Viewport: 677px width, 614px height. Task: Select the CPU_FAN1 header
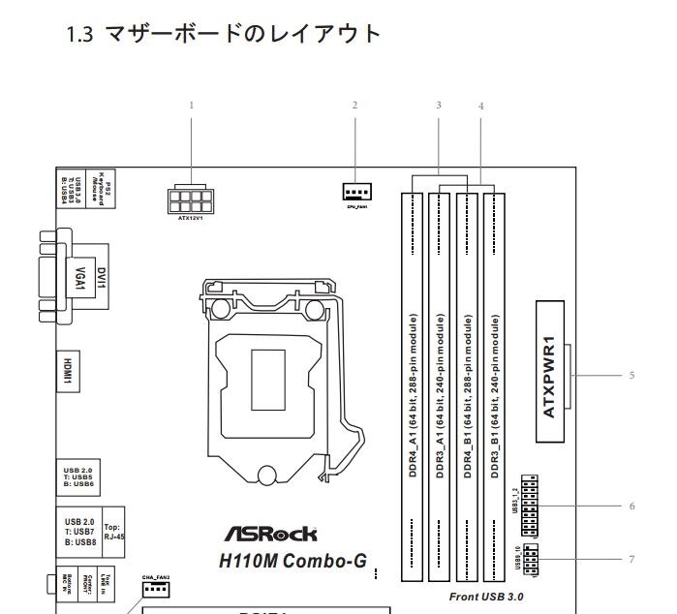[x=356, y=191]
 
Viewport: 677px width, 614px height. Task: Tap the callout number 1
[x=192, y=105]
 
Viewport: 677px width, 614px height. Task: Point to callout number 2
[x=355, y=105]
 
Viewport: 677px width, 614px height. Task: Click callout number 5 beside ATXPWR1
[x=631, y=375]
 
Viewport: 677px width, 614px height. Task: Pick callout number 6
[x=631, y=506]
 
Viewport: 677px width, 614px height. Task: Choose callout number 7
[x=631, y=559]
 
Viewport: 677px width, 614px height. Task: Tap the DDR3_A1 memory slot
[x=441, y=387]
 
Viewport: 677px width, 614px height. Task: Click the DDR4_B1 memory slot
[x=468, y=387]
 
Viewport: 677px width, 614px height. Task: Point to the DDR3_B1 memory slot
[x=495, y=387]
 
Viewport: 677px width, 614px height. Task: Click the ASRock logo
[x=270, y=534]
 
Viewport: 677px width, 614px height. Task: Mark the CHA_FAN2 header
[x=156, y=588]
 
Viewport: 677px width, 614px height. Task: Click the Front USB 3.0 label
[x=486, y=596]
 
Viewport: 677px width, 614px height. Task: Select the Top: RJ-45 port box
[x=113, y=532]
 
